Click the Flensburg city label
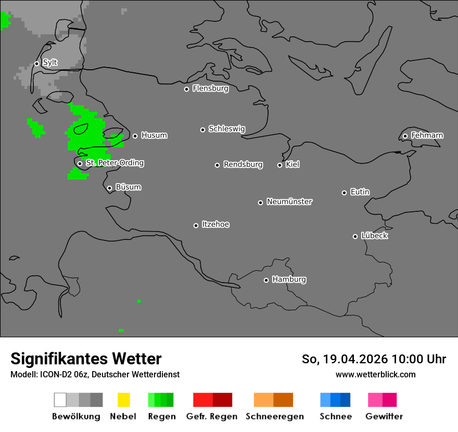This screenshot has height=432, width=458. click(x=210, y=88)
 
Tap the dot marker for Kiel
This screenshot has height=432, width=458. click(x=279, y=165)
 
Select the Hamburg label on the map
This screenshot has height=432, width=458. click(x=289, y=279)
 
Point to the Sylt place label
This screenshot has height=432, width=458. click(x=50, y=62)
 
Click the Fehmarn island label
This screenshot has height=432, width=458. click(x=427, y=135)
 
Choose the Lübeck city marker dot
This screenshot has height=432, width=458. click(x=355, y=236)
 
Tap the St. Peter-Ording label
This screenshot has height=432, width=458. click(x=115, y=163)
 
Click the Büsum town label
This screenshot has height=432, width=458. click(x=128, y=187)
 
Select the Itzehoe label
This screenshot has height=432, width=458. click(x=215, y=224)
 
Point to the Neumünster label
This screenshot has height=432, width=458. click(x=289, y=201)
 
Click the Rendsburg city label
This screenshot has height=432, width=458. click(x=243, y=164)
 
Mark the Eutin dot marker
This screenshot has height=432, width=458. click(x=344, y=193)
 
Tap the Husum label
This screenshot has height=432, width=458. click(x=154, y=135)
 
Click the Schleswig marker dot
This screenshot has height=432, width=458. click(x=202, y=130)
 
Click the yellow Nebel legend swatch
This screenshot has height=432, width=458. click(x=123, y=400)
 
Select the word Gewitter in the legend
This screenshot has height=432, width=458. click(x=384, y=416)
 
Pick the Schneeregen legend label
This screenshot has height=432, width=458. click(x=275, y=416)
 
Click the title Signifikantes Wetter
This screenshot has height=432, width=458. click(x=86, y=359)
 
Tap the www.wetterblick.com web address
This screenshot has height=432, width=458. click(x=375, y=374)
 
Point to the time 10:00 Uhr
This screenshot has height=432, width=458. click(x=419, y=359)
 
